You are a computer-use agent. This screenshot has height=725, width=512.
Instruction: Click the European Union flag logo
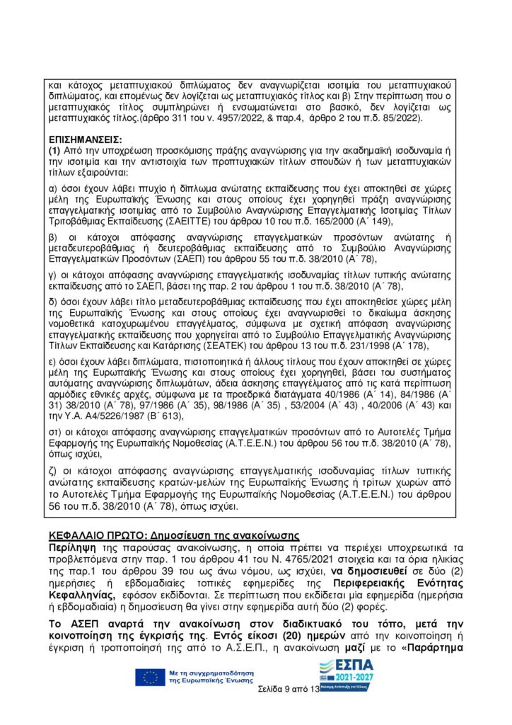tap(151, 678)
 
